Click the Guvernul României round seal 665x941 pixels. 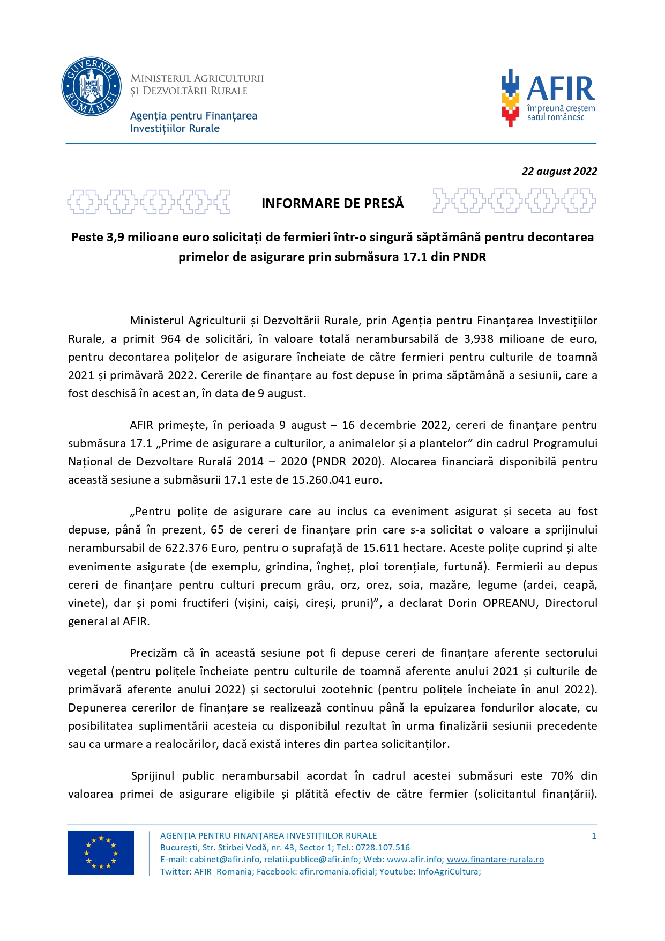(92, 86)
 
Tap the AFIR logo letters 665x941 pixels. (561, 88)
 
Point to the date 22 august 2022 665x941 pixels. (559, 171)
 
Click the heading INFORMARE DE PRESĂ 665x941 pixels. (332, 204)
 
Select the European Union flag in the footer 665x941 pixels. (101, 853)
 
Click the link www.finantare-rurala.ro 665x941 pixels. (495, 859)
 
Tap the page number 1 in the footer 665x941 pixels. (594, 835)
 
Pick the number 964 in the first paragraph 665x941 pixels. (170, 339)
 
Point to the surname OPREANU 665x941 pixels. (509, 603)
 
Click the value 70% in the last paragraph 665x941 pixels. (562, 776)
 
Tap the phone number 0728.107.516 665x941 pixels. (383, 847)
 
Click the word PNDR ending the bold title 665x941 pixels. (469, 257)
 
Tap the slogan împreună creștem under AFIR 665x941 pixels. (561, 108)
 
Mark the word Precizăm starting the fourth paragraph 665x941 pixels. (153, 653)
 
